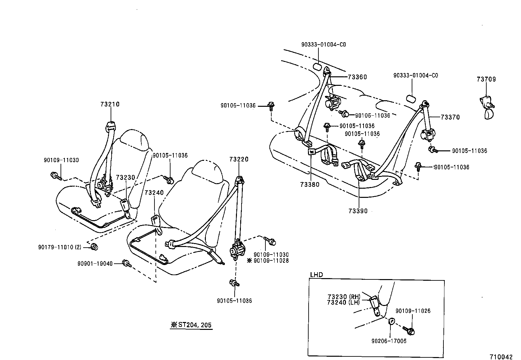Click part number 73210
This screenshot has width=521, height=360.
pos(110,104)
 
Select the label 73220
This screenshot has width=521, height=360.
pos(239,160)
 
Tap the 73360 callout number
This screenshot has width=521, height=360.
pos(357,77)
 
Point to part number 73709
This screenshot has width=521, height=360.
pos(486,79)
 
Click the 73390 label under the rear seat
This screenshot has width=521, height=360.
pos(358,211)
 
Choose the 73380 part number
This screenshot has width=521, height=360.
pos(310,184)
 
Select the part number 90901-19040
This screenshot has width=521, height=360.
pos(95,263)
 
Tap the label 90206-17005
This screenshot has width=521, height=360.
pos(389,341)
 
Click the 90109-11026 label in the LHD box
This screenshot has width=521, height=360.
pos(413,311)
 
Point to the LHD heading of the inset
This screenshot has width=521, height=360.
pos(316,275)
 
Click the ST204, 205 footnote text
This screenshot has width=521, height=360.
pos(191,325)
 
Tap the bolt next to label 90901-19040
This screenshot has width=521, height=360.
pos(126,263)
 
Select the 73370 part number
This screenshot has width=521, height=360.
pos(450,117)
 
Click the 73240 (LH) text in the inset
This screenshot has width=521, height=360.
pos(343,302)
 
